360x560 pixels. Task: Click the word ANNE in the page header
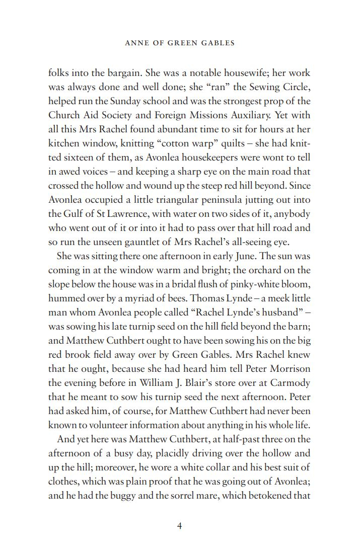[x=134, y=43]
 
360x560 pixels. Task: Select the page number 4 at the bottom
[x=179, y=526]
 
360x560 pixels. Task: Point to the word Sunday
[x=138, y=101]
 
